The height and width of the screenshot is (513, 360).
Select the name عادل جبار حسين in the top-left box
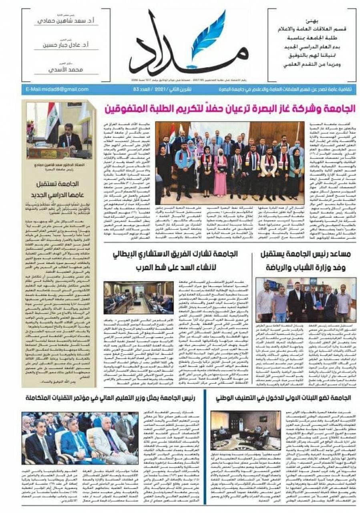tap(65, 45)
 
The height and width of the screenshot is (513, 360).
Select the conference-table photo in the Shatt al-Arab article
tap(139, 297)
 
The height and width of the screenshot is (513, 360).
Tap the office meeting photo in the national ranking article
tap(246, 431)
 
